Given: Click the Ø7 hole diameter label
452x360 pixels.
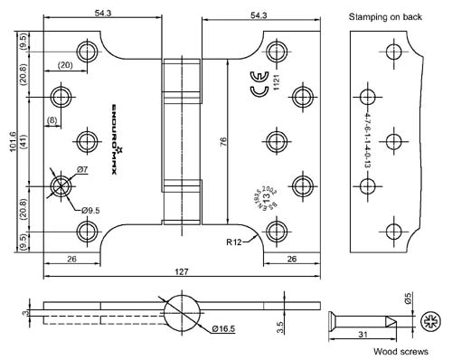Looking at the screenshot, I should tap(81, 169).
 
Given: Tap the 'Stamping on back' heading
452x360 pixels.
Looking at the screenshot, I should tap(386, 17).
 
